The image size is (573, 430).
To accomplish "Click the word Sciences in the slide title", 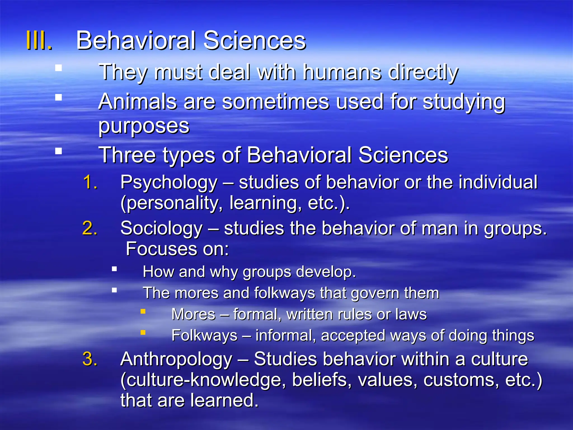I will click(254, 41).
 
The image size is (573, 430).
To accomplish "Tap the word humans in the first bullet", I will click(342, 72).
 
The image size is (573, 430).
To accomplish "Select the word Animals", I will click(137, 102).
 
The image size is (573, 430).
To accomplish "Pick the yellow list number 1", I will click(90, 182).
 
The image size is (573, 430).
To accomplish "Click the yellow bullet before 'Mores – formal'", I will click(143, 311).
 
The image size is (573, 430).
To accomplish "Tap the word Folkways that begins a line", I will click(204, 335).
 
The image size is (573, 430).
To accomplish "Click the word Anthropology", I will click(176, 359).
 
